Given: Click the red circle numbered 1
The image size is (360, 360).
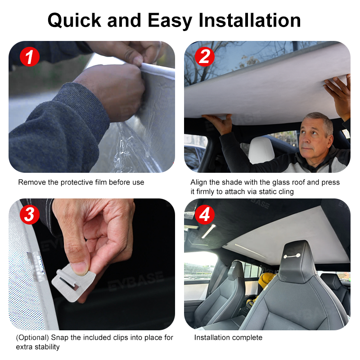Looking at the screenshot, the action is coord(30,57).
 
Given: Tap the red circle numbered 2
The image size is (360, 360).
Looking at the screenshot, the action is coord(205,57).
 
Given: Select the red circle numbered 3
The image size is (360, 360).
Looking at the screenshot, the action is coord(30,215).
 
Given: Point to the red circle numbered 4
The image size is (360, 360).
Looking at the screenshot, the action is coord(205,215).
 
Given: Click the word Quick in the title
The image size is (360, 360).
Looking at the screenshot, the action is coord(74,21).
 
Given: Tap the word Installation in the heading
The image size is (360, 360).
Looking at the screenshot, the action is coord(250,20).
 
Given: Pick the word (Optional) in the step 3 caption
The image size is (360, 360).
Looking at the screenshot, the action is coord(32,338).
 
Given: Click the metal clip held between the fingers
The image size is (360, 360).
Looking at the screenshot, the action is coord(73,282).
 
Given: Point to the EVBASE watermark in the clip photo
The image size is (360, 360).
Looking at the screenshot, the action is coord(136,282).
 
